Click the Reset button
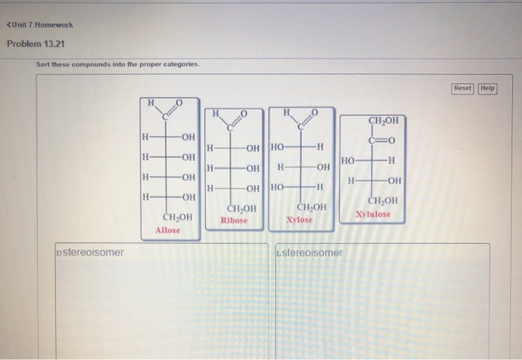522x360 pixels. click(462, 88)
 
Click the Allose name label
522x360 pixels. click(168, 230)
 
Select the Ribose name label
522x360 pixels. click(233, 221)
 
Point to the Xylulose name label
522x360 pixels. click(373, 214)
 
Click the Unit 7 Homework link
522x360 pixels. click(39, 25)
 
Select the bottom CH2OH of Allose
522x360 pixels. click(177, 217)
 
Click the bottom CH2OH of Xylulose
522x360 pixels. click(383, 201)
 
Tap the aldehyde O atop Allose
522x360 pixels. click(178, 102)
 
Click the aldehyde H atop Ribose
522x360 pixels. click(216, 113)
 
